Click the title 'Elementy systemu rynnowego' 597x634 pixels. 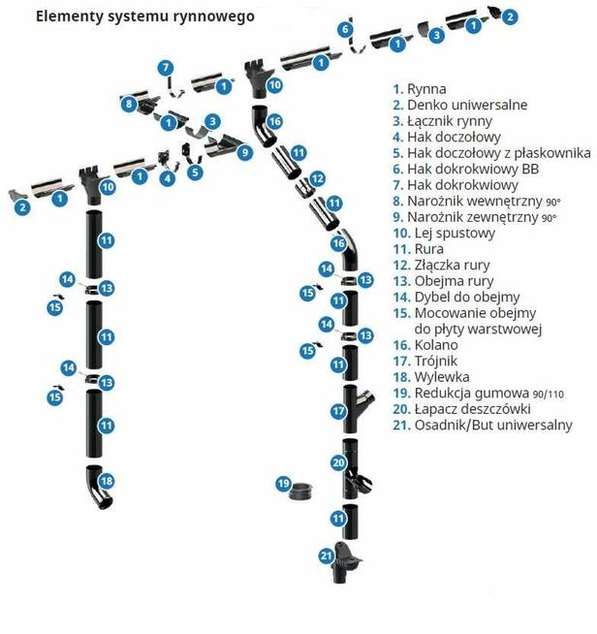145,17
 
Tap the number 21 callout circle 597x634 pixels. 327,556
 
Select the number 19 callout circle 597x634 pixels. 284,484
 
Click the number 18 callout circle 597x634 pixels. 107,481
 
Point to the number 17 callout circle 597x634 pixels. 338,412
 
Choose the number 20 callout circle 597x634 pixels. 338,462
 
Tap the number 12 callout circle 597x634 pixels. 317,178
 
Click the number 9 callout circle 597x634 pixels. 245,152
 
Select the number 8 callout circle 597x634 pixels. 129,104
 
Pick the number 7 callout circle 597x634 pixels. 166,68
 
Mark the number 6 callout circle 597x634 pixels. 345,29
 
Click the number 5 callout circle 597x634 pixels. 195,173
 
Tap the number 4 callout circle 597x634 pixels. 168,178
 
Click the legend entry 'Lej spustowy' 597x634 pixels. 444,234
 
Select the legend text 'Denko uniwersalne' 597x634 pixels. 460,105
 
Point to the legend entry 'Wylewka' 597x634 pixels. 431,377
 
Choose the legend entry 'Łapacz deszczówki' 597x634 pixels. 461,409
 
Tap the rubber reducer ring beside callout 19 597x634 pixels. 302,491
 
